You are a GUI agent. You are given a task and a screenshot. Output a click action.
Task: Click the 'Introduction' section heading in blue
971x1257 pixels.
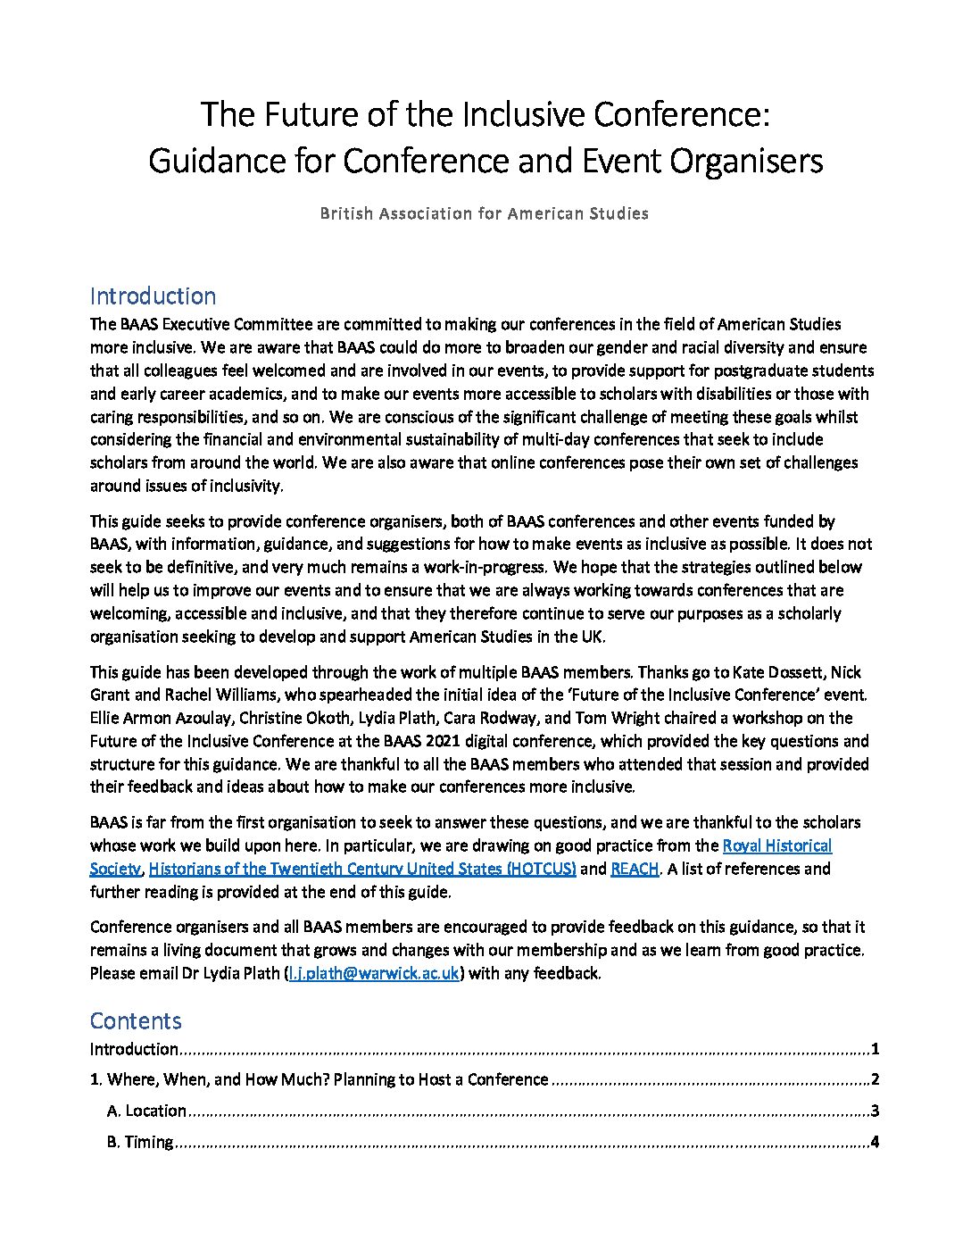(x=153, y=296)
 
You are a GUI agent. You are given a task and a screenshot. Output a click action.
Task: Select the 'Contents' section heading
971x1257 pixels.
(x=136, y=1021)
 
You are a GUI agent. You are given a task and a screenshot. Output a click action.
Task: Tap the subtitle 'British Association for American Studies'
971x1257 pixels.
(x=485, y=213)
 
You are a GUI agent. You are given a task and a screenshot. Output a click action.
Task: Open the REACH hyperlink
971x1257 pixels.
(x=635, y=869)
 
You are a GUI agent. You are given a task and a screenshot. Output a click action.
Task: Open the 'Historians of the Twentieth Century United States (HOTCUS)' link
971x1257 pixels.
(x=362, y=869)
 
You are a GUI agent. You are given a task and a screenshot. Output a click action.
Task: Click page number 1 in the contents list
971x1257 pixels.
(x=876, y=1049)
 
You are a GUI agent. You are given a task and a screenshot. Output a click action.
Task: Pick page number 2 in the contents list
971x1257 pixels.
(x=876, y=1079)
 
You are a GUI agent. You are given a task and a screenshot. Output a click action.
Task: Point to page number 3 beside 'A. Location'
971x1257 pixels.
(x=876, y=1111)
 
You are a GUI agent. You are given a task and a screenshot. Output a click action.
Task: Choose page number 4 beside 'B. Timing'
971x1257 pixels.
(x=876, y=1142)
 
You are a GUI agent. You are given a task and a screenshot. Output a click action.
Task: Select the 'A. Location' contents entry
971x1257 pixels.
(x=146, y=1111)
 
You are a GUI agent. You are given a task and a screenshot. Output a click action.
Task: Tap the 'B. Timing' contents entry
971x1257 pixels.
(x=139, y=1142)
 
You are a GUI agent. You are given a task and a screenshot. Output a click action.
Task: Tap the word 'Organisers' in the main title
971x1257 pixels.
(x=743, y=162)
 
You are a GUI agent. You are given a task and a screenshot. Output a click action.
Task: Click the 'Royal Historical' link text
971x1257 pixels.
(x=776, y=845)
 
